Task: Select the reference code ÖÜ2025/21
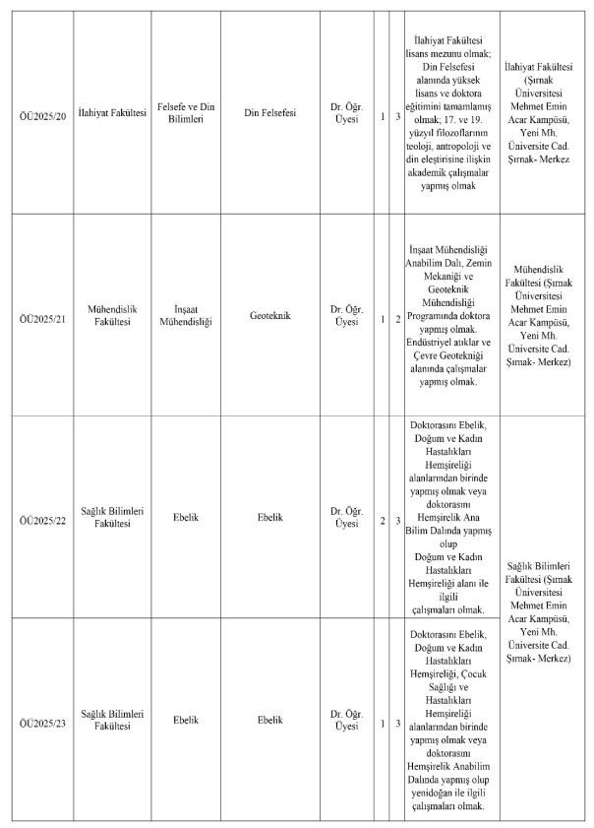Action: point(40,315)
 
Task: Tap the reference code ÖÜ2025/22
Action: point(40,516)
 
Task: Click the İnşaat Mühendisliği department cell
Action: point(186,315)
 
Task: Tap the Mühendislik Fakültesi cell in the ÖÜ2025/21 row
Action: point(110,315)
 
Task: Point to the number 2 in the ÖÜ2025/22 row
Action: point(383,516)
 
